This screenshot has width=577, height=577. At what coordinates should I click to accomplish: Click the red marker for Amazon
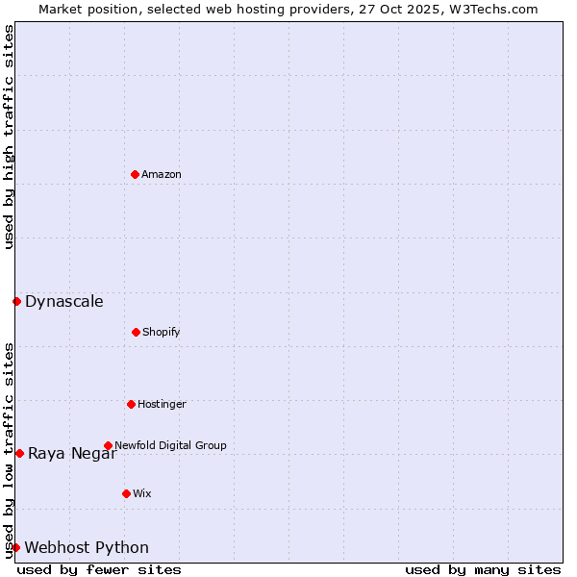coord(135,174)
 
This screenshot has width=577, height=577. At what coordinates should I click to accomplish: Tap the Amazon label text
coord(162,174)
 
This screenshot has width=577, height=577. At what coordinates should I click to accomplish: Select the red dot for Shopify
coord(136,332)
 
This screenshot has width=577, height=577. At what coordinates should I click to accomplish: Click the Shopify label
coord(162,332)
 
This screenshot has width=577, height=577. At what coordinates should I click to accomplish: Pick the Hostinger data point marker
coord(131,404)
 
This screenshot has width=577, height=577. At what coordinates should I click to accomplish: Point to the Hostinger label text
coord(162,404)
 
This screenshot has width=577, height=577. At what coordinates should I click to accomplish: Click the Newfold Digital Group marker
coord(108,445)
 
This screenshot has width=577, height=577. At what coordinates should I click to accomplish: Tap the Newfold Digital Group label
coord(170,445)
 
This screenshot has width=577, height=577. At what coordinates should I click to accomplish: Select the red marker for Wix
coord(126,493)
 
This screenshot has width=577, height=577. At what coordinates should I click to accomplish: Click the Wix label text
coord(142,493)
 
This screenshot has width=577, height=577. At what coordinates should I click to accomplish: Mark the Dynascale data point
coord(16,301)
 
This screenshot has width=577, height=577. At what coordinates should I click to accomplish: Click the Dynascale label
coord(64,301)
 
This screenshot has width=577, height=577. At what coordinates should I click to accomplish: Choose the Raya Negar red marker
coord(19,453)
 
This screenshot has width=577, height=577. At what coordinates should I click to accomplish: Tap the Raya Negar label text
coord(72,453)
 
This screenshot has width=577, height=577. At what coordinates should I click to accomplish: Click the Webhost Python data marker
coord(15,547)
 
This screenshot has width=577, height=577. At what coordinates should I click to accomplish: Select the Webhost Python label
coord(87,547)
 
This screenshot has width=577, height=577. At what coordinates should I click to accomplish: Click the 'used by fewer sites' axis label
coord(99,569)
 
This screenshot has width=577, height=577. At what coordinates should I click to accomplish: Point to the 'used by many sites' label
coord(483,569)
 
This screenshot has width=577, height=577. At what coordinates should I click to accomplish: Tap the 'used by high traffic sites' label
coord(9,137)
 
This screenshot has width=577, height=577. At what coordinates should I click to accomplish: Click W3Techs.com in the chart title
coord(490,9)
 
